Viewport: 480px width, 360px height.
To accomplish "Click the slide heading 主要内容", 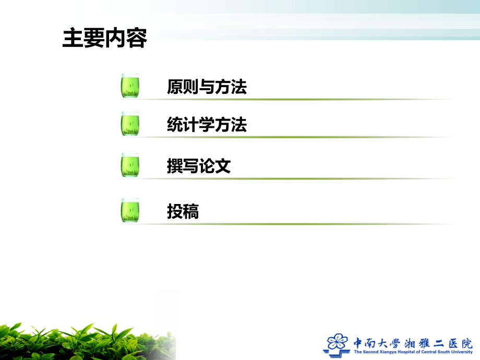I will [104, 38].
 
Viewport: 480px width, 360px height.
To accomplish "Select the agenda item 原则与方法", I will [207, 87].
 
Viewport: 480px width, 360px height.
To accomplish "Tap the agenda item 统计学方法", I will [207, 125].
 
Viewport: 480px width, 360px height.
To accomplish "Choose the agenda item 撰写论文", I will [199, 166].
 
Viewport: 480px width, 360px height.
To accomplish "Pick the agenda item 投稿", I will [183, 212].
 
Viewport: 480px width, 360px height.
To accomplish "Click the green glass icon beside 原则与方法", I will [130, 86].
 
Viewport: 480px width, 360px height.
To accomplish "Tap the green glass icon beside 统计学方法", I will [130, 124].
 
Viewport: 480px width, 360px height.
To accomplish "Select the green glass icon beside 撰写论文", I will [130, 165].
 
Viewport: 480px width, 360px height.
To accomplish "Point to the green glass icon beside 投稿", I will [130, 210].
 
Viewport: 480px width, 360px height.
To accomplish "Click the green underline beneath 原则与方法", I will [292, 99].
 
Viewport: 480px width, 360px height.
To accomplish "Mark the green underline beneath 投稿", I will [292, 224].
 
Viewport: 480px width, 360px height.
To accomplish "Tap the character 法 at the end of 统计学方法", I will [239, 125].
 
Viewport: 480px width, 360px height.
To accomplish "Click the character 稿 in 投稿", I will [191, 212].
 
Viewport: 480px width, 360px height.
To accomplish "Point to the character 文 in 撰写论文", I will [223, 166].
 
